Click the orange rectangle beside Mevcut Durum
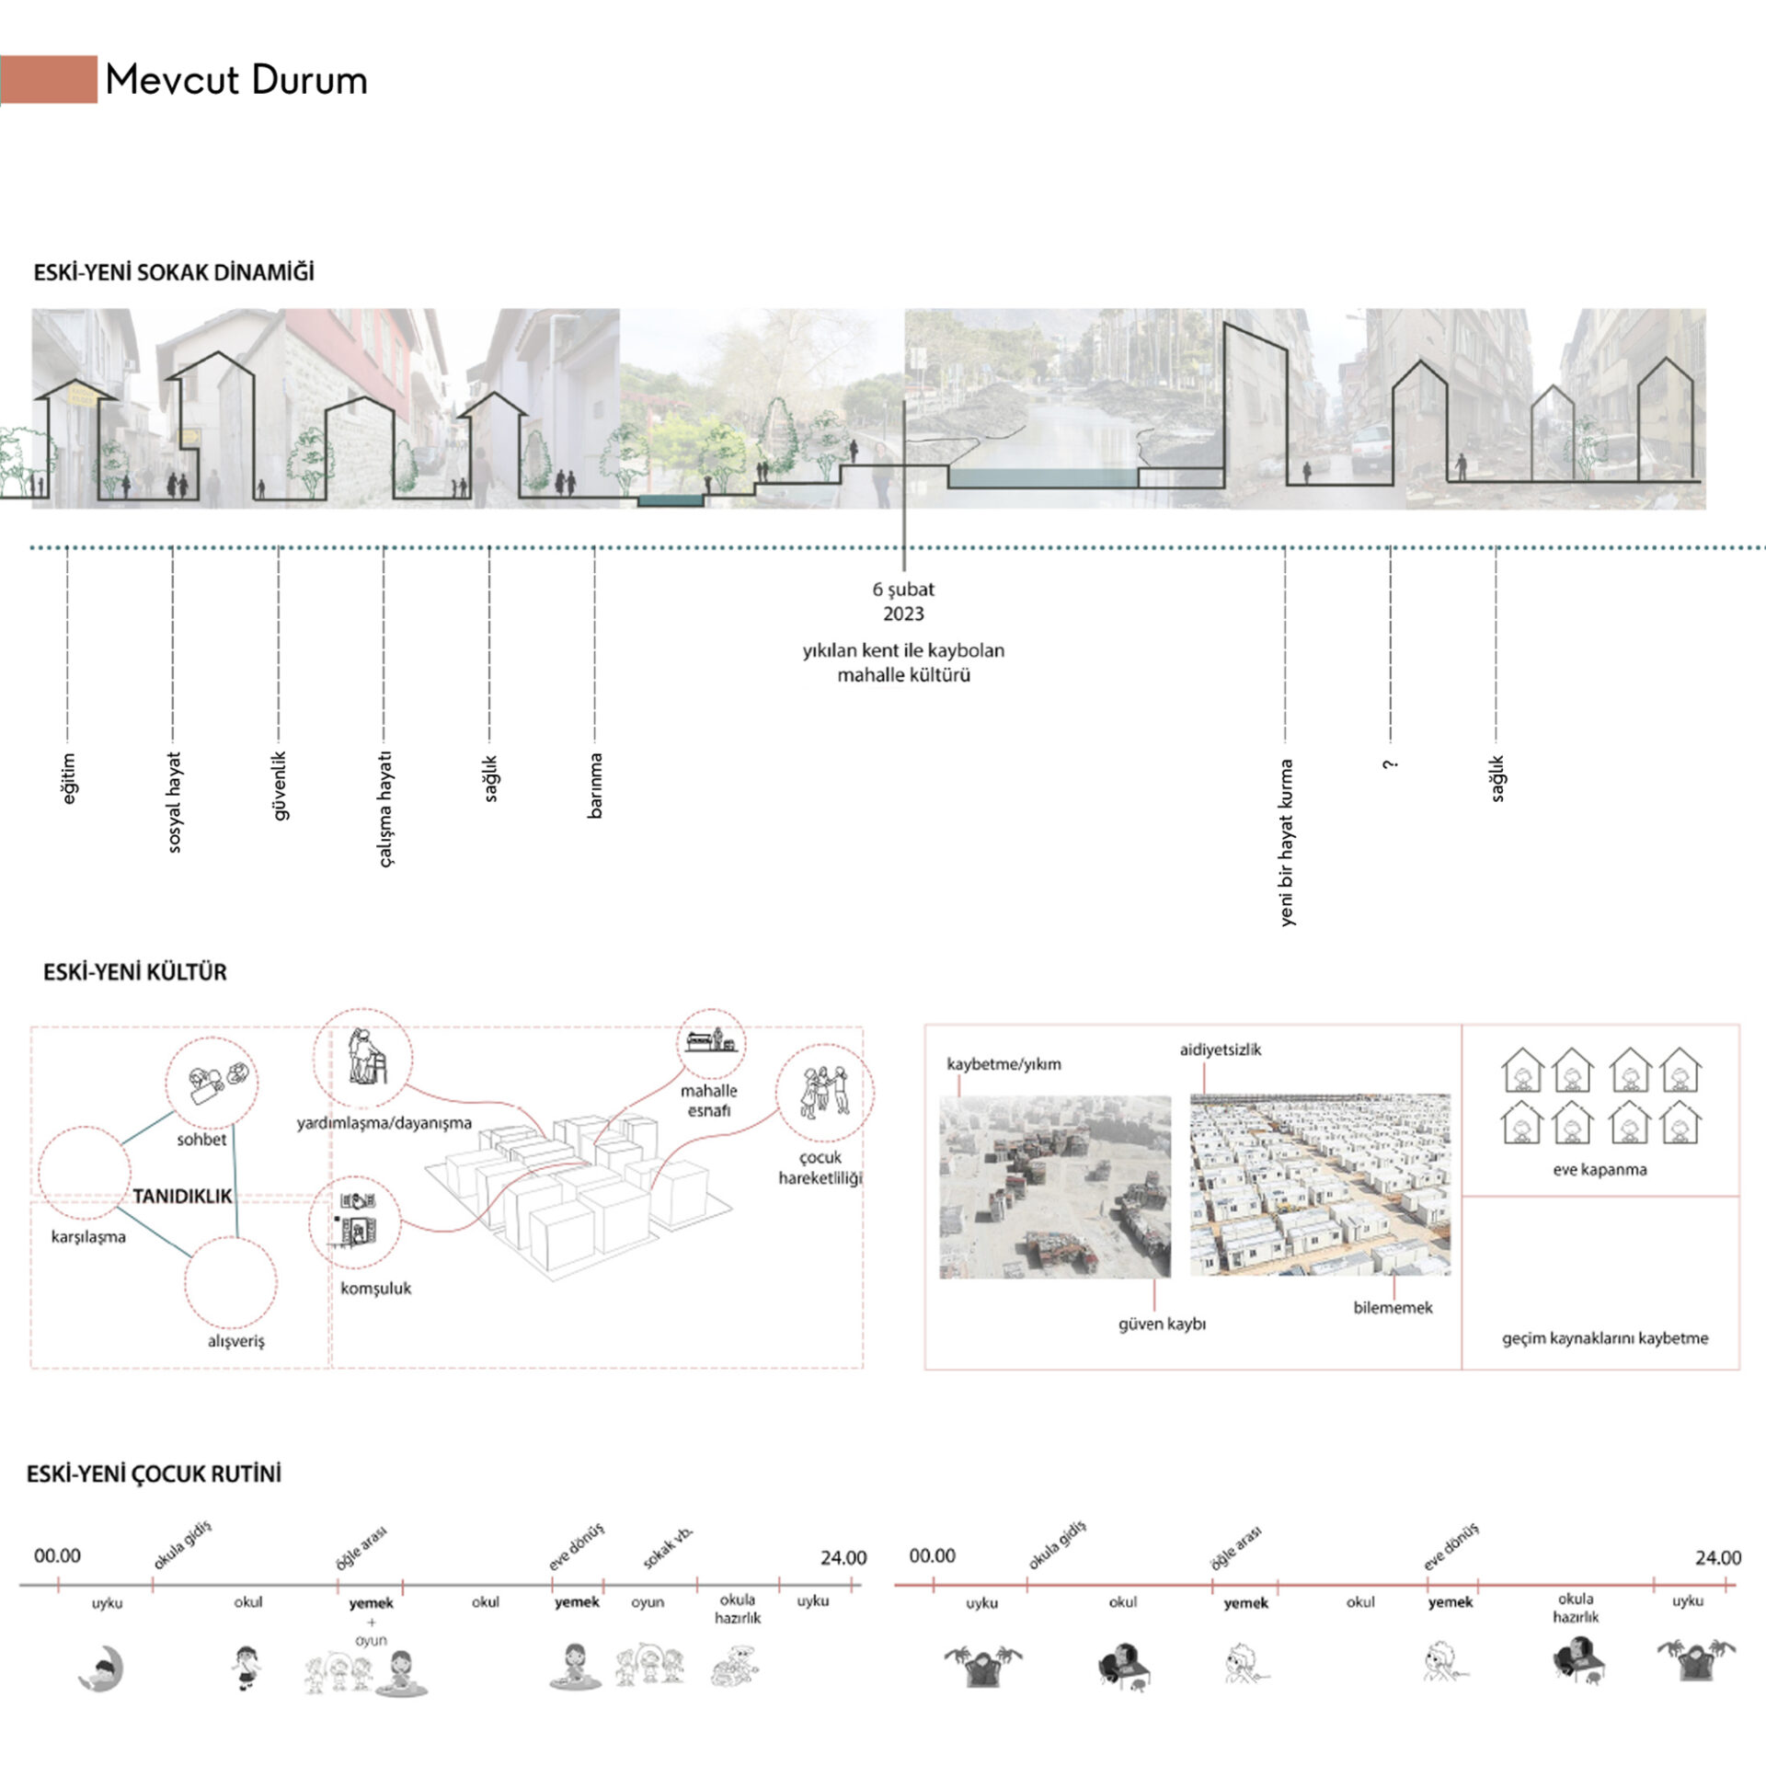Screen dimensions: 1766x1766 tap(50, 79)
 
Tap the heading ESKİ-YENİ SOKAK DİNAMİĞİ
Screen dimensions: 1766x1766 tap(174, 273)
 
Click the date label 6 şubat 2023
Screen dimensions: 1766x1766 tap(903, 602)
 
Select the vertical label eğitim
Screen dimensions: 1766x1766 tap(68, 778)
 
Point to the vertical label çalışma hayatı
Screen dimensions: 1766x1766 tap(385, 809)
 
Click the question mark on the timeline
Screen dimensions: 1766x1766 tap(1390, 764)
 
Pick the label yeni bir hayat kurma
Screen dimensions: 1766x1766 tap(1286, 842)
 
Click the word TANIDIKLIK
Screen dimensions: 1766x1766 tap(182, 1197)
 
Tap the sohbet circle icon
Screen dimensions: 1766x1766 tap(212, 1083)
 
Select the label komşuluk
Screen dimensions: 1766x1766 tap(375, 1289)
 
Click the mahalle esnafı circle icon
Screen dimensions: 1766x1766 tap(711, 1043)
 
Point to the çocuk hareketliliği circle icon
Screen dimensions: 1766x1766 tap(824, 1093)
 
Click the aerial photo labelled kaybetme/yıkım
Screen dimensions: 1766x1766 tap(1055, 1187)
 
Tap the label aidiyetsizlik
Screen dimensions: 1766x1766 tap(1220, 1049)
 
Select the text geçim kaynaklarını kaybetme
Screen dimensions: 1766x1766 tap(1604, 1339)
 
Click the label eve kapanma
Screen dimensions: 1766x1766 tap(1600, 1170)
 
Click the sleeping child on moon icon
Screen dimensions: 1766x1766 tap(103, 1669)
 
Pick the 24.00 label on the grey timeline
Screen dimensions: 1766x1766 tap(843, 1558)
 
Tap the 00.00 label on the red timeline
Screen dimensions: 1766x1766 tap(932, 1556)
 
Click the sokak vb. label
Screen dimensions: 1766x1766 tap(668, 1549)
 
